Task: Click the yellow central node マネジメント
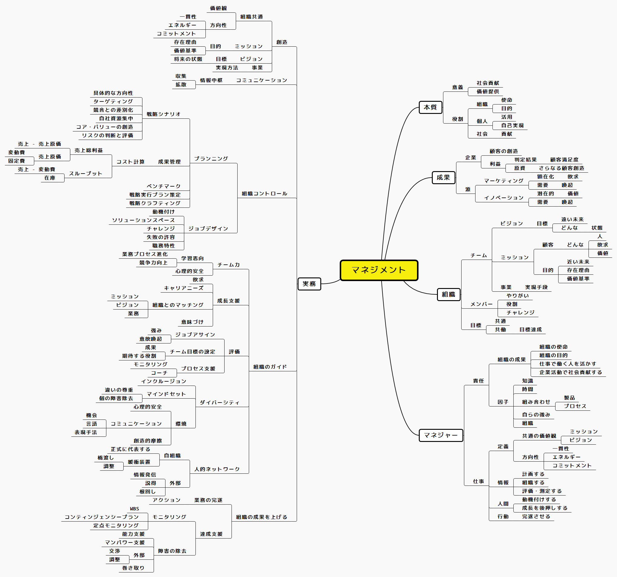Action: pos(379,270)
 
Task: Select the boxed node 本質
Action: pos(430,107)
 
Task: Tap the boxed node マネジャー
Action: pos(441,435)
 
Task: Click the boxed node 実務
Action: pos(309,284)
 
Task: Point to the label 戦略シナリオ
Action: pos(164,114)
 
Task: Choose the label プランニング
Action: pos(211,159)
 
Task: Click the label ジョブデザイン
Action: pos(208,229)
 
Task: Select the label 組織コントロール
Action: pos(265,194)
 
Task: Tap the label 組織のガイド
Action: pos(270,367)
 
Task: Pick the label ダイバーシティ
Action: pos(220,403)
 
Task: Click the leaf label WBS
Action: pos(134,509)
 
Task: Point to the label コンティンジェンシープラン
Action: pos(102,517)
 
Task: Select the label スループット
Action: pos(86,174)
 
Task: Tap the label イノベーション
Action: pos(504,198)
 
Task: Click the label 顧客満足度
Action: pos(564,160)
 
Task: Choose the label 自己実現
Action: pos(512,126)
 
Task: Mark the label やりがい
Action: pos(518,296)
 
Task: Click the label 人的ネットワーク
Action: pos(217,469)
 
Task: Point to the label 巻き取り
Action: pos(133,568)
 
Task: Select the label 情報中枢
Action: pos(211,80)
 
